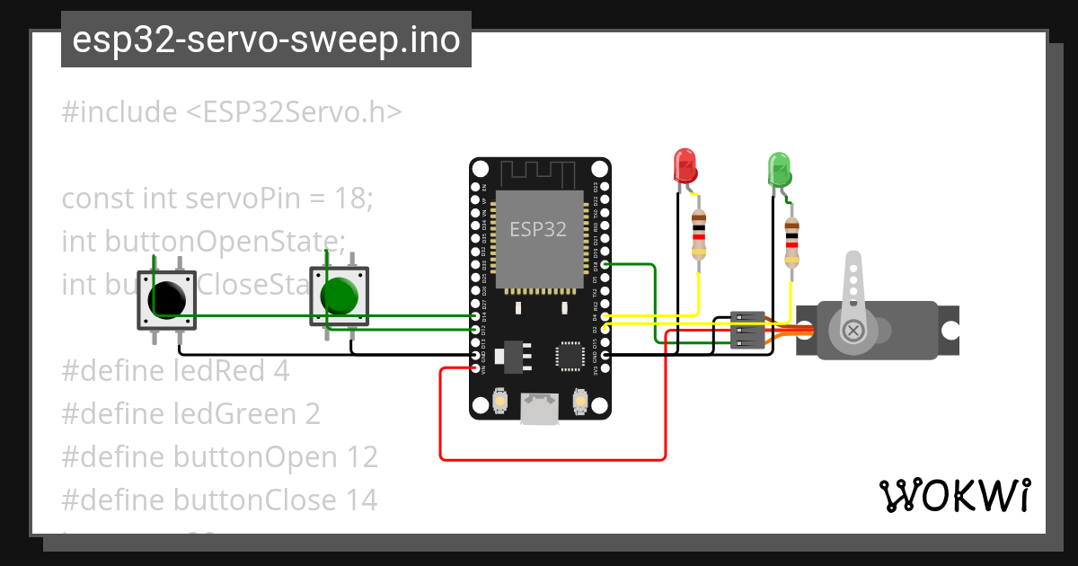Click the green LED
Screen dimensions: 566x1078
778,170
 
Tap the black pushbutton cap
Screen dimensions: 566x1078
168,297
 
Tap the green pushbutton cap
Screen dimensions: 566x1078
340,295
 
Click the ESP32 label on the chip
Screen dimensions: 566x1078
538,229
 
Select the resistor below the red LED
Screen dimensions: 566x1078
699,236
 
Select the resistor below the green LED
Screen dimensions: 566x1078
791,243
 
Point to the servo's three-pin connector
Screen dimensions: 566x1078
747,331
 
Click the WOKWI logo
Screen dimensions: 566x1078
954,495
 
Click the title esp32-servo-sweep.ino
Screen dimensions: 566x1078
266,40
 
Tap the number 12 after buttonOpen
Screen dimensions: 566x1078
361,456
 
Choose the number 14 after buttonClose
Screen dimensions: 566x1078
361,500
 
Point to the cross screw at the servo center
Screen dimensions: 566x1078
850,331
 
